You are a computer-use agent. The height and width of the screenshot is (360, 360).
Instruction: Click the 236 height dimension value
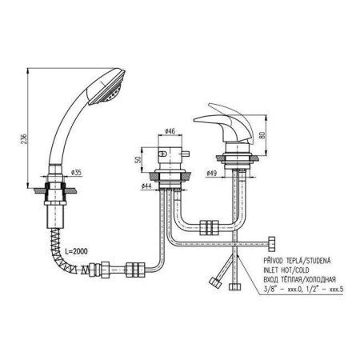coord(24,139)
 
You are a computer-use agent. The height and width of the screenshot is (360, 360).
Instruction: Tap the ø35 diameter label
coord(76,172)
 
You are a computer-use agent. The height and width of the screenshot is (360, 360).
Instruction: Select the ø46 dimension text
coord(170,131)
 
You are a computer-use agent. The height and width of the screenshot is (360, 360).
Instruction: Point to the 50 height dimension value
coord(138,160)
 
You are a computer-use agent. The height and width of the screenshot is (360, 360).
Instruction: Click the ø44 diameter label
coord(146,186)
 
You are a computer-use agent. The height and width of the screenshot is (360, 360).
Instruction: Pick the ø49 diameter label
coord(212,173)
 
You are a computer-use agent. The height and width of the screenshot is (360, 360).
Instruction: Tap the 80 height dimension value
coord(262,134)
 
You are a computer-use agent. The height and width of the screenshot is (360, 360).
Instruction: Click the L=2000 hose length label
coord(76,251)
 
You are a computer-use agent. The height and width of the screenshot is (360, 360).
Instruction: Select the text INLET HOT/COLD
coord(286,270)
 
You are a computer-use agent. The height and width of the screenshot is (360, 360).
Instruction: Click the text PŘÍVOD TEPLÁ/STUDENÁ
coord(297,260)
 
